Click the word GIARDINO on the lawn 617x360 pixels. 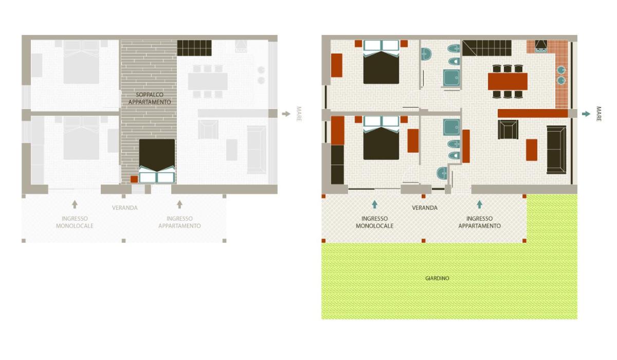(437, 278)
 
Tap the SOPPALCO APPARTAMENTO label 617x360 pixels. (150, 98)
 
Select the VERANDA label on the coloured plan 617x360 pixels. (425, 208)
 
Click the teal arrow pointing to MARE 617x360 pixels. (586, 114)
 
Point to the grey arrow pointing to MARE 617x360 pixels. (286, 114)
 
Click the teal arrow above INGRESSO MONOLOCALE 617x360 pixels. (374, 204)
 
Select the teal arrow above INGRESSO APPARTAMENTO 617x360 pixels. (479, 204)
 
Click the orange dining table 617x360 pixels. (507, 81)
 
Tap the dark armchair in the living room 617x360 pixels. (508, 130)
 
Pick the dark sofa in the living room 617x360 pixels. (556, 150)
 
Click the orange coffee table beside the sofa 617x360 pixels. (531, 150)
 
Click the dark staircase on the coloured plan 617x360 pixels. (487, 48)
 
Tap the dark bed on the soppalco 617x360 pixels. (157, 161)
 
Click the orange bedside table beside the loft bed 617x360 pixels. (134, 179)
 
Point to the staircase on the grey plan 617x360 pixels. (194, 48)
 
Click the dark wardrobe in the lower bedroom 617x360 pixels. (337, 165)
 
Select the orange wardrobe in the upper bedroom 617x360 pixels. (337, 65)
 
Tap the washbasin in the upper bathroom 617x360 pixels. (426, 54)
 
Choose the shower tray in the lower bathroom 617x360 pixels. (451, 127)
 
